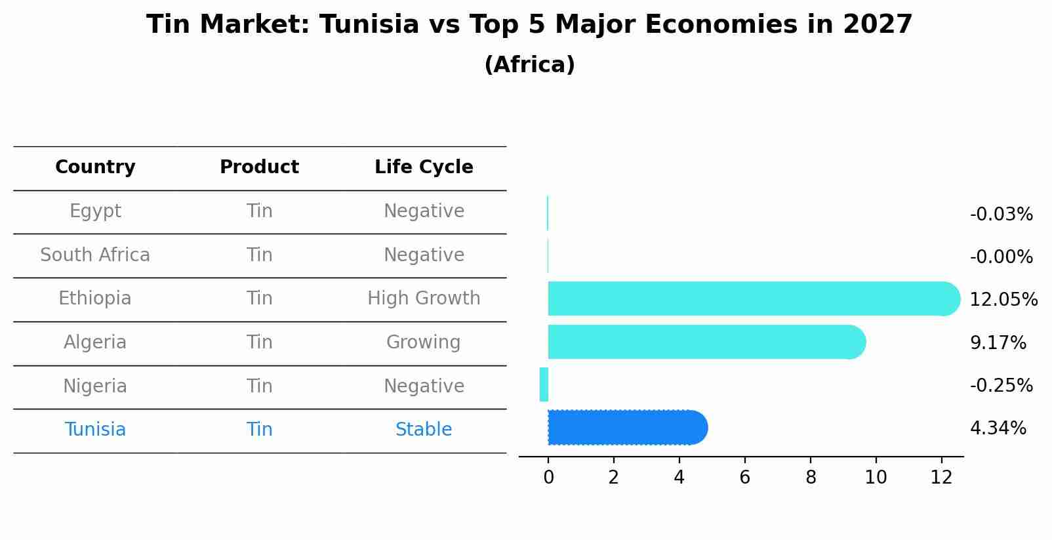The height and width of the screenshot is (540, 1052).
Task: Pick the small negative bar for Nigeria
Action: [544, 384]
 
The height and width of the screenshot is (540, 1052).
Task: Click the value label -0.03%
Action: [1001, 215]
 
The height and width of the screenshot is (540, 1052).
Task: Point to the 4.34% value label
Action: [998, 428]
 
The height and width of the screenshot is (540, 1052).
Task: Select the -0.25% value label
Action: [1001, 385]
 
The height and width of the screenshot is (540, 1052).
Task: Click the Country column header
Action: [95, 167]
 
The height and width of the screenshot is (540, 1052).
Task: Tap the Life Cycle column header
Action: [424, 167]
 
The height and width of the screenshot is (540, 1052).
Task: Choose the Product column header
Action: [259, 167]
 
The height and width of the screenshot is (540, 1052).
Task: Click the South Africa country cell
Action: [95, 255]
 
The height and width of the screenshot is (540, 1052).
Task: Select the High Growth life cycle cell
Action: [424, 299]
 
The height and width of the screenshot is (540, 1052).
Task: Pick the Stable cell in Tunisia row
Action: [424, 430]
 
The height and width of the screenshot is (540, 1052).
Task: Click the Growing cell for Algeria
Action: [424, 343]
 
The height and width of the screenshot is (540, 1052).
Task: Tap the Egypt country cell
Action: [95, 211]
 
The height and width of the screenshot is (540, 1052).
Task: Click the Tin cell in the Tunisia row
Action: [259, 430]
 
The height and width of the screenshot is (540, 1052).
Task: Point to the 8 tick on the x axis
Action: [811, 477]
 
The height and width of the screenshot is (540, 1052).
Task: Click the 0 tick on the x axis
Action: [548, 477]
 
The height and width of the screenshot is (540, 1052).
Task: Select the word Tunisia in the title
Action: [369, 25]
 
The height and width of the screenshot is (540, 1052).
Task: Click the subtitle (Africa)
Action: [529, 65]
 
